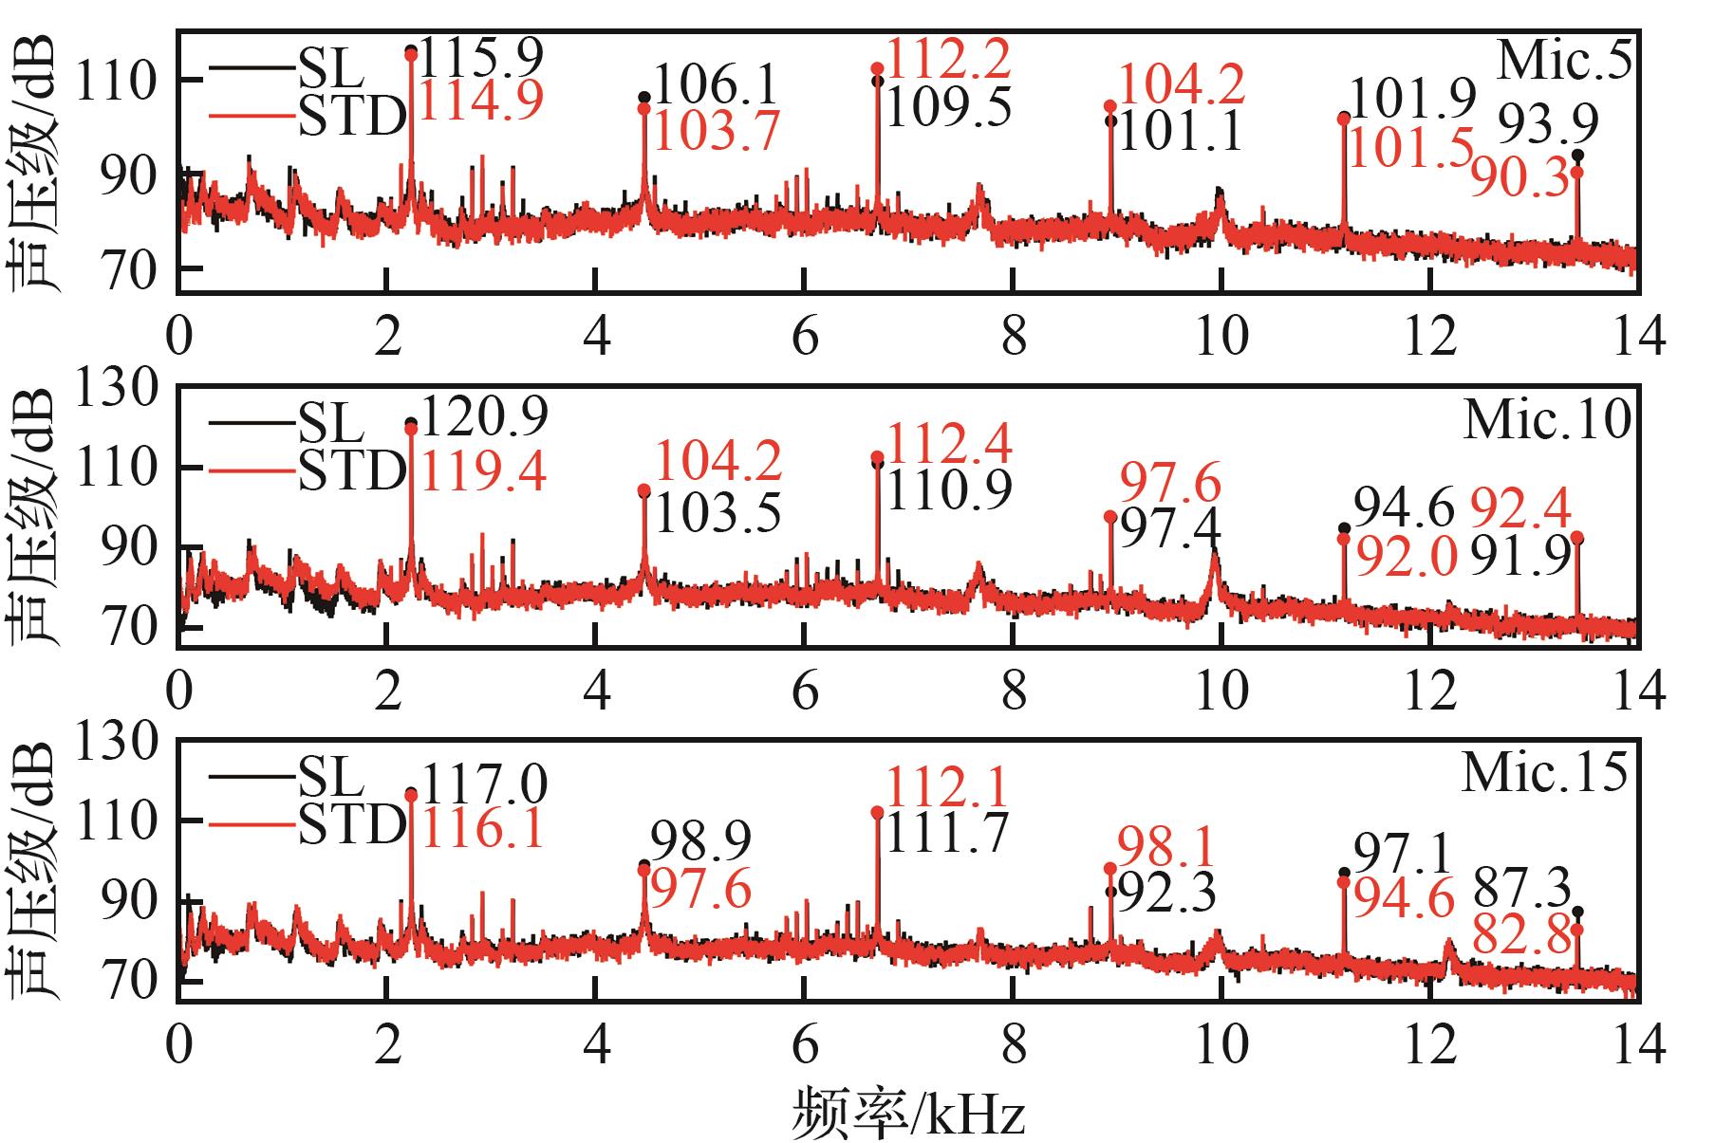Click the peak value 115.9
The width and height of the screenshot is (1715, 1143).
(x=481, y=59)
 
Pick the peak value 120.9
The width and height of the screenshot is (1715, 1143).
(x=484, y=416)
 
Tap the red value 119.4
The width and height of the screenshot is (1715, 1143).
(x=484, y=471)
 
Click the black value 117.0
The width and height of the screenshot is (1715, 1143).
(x=484, y=785)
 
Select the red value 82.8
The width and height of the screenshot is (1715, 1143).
(x=1521, y=937)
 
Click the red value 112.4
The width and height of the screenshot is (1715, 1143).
(x=948, y=444)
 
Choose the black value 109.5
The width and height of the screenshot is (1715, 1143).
(x=948, y=109)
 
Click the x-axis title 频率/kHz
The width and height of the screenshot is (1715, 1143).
(x=908, y=1113)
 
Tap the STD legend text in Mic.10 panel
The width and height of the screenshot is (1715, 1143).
(x=352, y=471)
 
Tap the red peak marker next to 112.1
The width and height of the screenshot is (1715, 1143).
(x=877, y=813)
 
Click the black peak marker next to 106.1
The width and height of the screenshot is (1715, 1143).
(x=644, y=98)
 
